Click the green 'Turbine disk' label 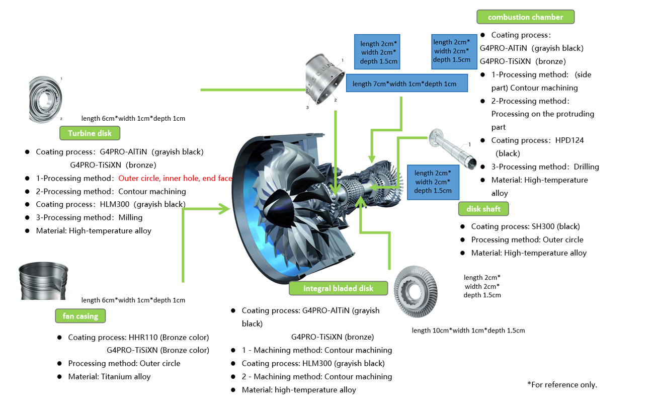pyautogui.click(x=90, y=133)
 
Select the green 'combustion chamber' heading pyautogui.click(x=525, y=17)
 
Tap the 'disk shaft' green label pyautogui.click(x=483, y=209)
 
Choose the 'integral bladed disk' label pyautogui.click(x=338, y=288)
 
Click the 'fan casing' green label pyautogui.click(x=80, y=316)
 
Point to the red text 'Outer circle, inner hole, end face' pyautogui.click(x=175, y=178)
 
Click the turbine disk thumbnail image pyautogui.click(x=45, y=99)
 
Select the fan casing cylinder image pyautogui.click(x=43, y=281)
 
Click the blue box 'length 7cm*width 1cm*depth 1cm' pyautogui.click(x=406, y=84)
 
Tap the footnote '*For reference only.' pyautogui.click(x=562, y=384)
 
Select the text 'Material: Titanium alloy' pyautogui.click(x=109, y=376)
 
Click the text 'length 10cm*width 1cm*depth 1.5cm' pyautogui.click(x=468, y=331)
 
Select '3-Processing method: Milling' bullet pyautogui.click(x=89, y=217)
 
